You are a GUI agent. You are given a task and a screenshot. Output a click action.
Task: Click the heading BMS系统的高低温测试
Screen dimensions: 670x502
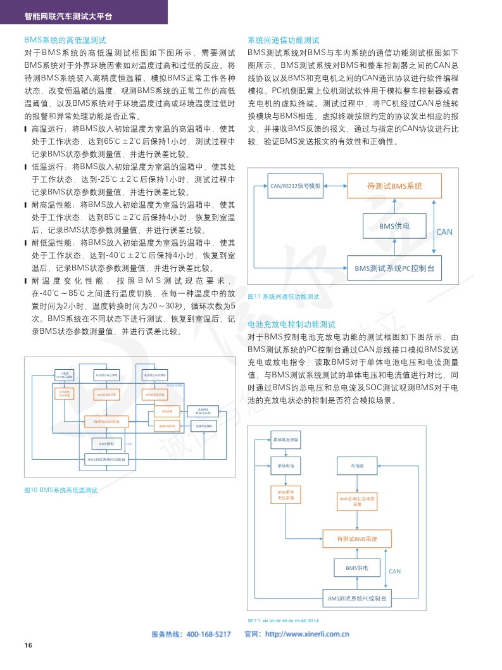tap(65, 39)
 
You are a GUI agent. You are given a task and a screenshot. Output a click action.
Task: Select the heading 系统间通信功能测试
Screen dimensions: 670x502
tap(284, 39)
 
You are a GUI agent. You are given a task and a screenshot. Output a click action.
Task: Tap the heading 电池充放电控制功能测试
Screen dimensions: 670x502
tap(291, 324)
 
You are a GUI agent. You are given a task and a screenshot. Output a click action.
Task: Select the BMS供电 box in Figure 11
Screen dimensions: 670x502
tap(394, 225)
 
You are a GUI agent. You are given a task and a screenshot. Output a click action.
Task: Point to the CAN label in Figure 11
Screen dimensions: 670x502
tap(444, 232)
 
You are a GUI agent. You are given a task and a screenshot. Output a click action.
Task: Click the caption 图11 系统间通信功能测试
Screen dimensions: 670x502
tap(283, 296)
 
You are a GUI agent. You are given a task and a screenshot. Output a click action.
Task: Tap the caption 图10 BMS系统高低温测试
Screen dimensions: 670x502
tap(61, 490)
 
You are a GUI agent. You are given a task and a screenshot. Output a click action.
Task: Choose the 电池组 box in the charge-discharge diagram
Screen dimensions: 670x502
tap(358, 466)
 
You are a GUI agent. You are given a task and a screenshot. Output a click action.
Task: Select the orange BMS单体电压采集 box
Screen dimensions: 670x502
tap(286, 495)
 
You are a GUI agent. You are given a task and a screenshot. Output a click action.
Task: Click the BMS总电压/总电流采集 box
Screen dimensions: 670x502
tap(358, 502)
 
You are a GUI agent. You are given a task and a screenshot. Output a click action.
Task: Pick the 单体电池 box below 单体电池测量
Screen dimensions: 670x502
tap(286, 466)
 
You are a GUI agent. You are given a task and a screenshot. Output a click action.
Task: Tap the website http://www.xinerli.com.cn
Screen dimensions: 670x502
tap(307, 635)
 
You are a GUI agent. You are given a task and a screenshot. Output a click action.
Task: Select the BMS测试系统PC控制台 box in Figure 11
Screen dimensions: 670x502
tap(394, 268)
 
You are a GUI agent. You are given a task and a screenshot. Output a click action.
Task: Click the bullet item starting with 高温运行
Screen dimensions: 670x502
tap(133, 141)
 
